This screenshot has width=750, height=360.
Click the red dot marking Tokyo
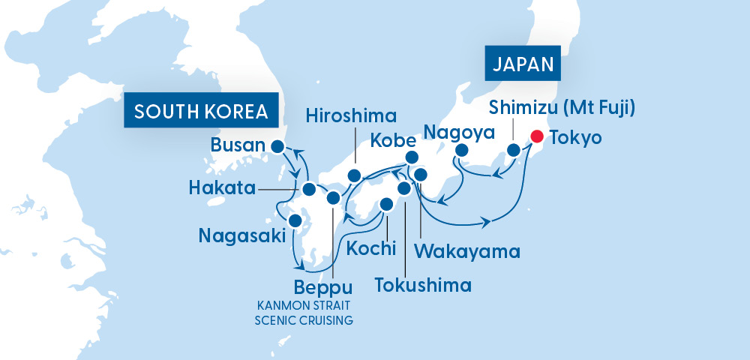click(x=536, y=136)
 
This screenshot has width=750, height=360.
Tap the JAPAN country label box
click(x=524, y=64)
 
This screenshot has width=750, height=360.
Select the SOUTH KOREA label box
click(x=201, y=112)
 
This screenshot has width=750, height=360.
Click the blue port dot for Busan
click(x=277, y=146)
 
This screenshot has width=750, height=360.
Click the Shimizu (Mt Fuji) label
click(x=562, y=108)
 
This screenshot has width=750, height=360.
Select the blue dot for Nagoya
click(x=462, y=150)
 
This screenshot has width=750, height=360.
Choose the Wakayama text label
click(x=457, y=250)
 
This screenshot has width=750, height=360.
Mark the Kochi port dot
click(x=387, y=204)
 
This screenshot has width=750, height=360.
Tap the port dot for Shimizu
click(x=514, y=150)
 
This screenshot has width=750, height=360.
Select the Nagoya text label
click(x=459, y=133)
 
